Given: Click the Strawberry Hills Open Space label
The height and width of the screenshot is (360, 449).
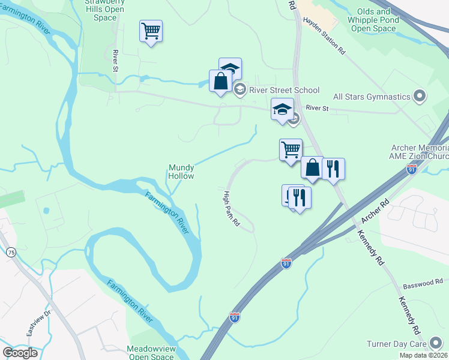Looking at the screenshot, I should (105, 10).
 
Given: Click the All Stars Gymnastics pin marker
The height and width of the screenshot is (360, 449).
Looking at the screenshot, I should (420, 96).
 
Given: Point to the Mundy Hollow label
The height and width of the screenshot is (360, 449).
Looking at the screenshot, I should (181, 172).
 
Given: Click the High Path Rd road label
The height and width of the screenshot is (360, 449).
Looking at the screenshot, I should (231, 208).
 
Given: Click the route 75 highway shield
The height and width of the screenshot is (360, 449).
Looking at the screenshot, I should (11, 253).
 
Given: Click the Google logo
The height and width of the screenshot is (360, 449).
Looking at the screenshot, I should (20, 353).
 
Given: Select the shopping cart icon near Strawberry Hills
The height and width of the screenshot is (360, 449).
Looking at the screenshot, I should (151, 30).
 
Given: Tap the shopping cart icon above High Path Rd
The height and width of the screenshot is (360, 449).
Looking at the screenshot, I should (291, 149).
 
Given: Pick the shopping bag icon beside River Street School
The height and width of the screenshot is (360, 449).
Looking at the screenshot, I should (220, 81).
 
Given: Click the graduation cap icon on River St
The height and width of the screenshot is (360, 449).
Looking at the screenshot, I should (282, 109).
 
